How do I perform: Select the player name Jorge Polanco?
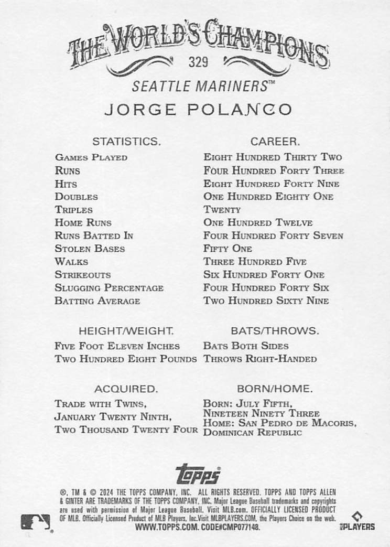[x=198, y=110]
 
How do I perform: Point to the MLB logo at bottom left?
[x=36, y=522]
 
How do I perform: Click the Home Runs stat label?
[x=83, y=223]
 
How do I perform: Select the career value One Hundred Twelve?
[x=258, y=223]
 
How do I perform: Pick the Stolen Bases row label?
[x=90, y=249]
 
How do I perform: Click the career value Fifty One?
[x=227, y=249]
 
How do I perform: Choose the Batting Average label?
[x=97, y=301]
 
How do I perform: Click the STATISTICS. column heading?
[x=126, y=141]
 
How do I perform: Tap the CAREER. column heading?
[x=275, y=141]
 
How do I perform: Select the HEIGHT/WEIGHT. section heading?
[x=126, y=331]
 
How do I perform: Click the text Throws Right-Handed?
[x=260, y=359]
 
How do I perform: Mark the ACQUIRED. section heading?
[x=126, y=389]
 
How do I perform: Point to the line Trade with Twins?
[x=100, y=404]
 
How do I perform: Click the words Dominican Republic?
[x=253, y=433]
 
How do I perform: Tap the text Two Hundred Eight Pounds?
[x=126, y=359]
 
